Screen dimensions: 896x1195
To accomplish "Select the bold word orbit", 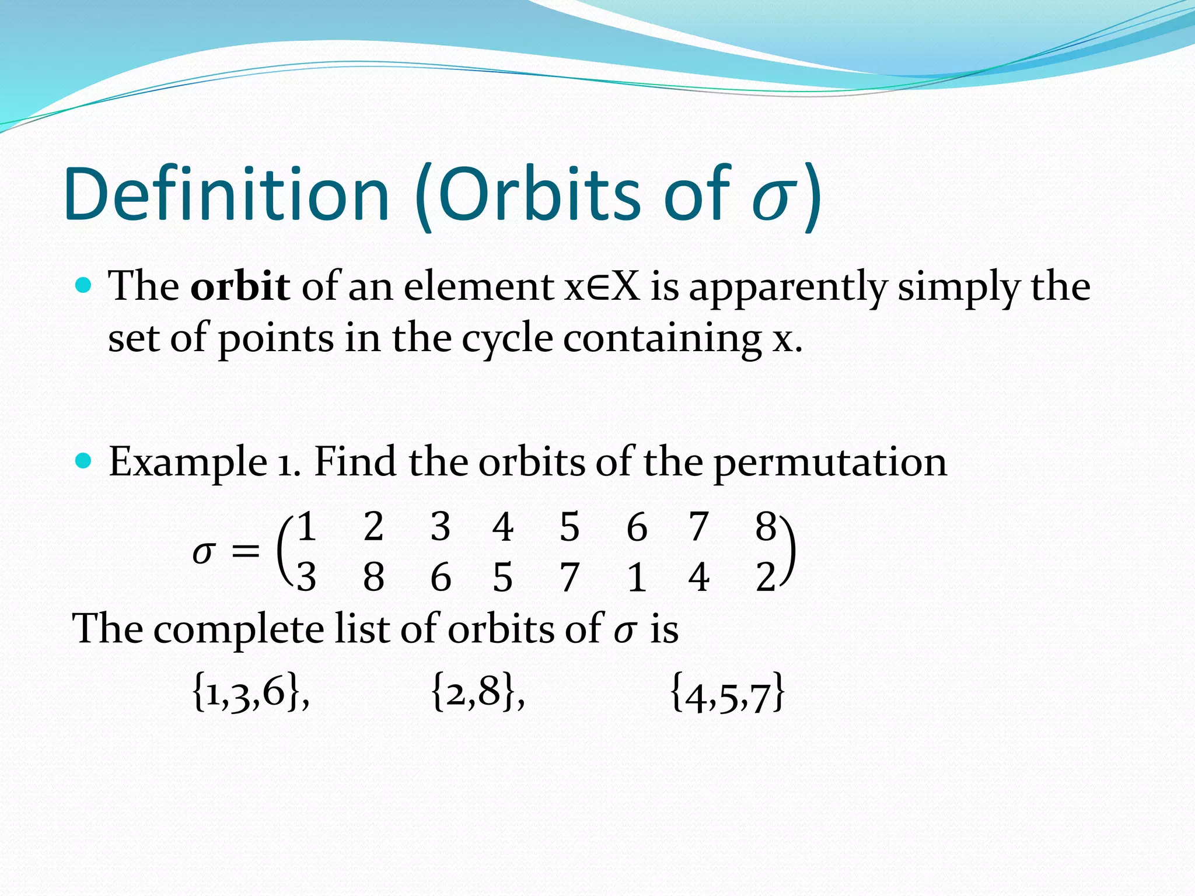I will (240, 286).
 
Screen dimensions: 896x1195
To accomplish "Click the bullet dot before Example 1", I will (84, 461).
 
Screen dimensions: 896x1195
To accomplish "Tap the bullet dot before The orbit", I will (84, 285).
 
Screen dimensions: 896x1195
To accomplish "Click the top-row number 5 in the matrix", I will (569, 526).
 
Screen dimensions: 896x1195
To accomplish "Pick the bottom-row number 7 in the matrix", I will (569, 577).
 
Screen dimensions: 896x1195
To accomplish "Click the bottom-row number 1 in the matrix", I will (637, 577).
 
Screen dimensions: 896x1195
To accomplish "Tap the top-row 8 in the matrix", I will (766, 526).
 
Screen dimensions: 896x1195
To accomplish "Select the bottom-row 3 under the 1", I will (306, 577).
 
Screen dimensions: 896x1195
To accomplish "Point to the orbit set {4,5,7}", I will (727, 694).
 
